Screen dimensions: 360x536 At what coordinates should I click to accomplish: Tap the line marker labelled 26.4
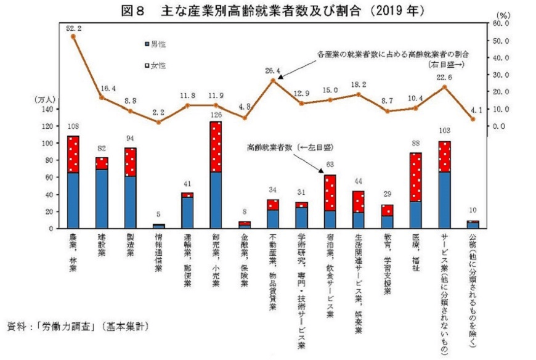[273, 80]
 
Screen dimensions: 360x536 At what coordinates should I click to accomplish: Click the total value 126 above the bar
[216, 114]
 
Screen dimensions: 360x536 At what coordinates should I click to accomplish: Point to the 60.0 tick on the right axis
[500, 23]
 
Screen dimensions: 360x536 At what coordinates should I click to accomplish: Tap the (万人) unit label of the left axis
[46, 99]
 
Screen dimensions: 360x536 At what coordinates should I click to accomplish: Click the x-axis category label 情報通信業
[159, 253]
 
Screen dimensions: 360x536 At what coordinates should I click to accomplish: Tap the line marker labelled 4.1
[473, 119]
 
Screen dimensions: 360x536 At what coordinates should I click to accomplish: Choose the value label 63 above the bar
[330, 165]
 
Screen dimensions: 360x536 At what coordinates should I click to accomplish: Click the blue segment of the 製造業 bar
[131, 202]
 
